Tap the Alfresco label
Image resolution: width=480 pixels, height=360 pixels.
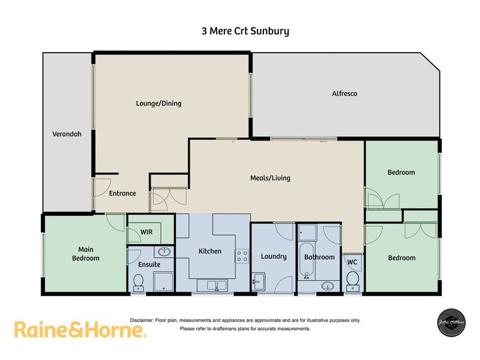click(x=344, y=94)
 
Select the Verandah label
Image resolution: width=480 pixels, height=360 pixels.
click(x=67, y=134)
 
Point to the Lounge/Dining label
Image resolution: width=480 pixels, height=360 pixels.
click(x=158, y=103)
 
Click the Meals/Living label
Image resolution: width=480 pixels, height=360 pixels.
click(x=270, y=178)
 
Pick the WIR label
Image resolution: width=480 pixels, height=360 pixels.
click(x=146, y=231)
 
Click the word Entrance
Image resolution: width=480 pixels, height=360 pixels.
click(x=122, y=193)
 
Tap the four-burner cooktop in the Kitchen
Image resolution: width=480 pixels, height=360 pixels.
click(x=242, y=256)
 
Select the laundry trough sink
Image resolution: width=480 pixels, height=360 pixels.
click(x=259, y=281)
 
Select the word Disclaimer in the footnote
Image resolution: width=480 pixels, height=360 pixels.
click(x=142, y=320)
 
